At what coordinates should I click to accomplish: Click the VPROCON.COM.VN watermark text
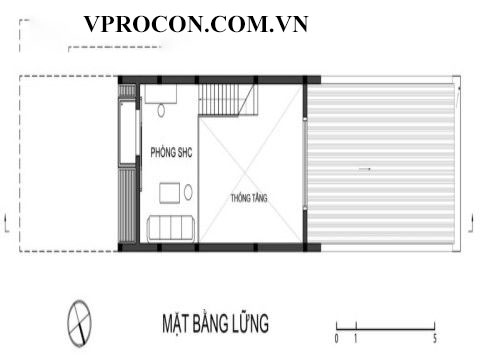click(196, 24)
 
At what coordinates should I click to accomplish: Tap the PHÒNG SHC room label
click(171, 152)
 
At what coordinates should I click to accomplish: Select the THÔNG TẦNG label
click(249, 198)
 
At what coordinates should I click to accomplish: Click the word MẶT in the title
click(175, 323)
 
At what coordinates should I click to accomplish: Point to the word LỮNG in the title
click(251, 322)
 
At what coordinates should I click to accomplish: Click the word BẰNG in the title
click(211, 322)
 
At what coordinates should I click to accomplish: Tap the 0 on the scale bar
click(336, 339)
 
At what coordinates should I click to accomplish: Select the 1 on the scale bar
click(356, 339)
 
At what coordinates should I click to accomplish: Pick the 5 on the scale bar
click(435, 339)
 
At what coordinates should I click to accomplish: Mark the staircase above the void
click(228, 100)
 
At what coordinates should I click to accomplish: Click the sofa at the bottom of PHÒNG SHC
click(171, 228)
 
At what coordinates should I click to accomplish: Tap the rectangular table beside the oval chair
click(170, 193)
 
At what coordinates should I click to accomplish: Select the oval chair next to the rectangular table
click(188, 193)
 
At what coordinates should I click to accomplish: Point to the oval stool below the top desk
click(161, 111)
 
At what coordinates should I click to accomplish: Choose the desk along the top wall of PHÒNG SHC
click(160, 94)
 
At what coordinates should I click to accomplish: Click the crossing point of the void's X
click(247, 173)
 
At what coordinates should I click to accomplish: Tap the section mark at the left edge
click(6, 223)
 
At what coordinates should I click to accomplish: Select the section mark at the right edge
click(471, 223)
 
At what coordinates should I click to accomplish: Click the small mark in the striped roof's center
click(364, 170)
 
